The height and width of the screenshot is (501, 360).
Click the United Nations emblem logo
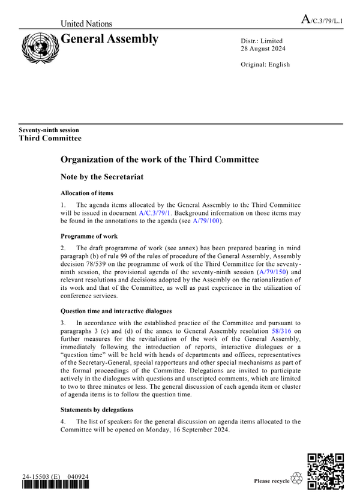pos(40,47)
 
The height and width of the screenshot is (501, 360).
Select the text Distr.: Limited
pos(262,41)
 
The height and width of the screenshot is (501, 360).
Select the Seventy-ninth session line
pos(49,130)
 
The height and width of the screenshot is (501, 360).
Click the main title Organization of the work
pos(160,160)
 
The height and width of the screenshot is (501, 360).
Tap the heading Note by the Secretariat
pos(107,178)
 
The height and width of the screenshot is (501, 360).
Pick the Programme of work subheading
pos(89,236)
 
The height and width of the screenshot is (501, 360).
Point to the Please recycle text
pos(271,481)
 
